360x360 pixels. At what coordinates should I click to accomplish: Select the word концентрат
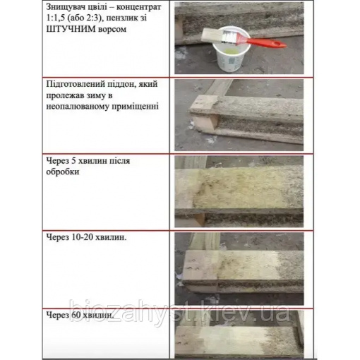(x=139, y=7)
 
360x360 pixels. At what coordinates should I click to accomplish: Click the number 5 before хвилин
(x=72, y=161)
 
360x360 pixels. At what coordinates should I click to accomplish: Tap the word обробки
(x=63, y=172)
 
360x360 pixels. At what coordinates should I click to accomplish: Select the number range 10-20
(x=81, y=237)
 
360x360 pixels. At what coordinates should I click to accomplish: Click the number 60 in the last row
(x=75, y=315)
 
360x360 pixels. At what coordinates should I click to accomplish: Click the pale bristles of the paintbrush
(x=211, y=35)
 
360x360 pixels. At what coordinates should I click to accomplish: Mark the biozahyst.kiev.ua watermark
(x=179, y=311)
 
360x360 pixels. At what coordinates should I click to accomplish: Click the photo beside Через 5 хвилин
(x=239, y=191)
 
